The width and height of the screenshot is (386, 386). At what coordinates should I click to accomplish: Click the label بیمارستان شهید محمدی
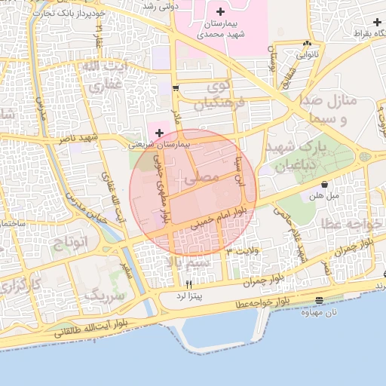click(x=219, y=29)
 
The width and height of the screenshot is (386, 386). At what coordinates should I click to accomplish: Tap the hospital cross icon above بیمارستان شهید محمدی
click(x=219, y=12)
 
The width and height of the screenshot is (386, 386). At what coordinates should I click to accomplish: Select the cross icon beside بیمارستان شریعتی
click(x=158, y=133)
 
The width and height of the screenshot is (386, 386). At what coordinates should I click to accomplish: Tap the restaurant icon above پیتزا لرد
click(x=188, y=283)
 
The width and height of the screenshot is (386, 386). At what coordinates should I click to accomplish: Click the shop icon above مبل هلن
click(x=324, y=185)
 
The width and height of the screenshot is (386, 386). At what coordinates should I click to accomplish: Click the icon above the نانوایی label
click(x=306, y=44)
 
